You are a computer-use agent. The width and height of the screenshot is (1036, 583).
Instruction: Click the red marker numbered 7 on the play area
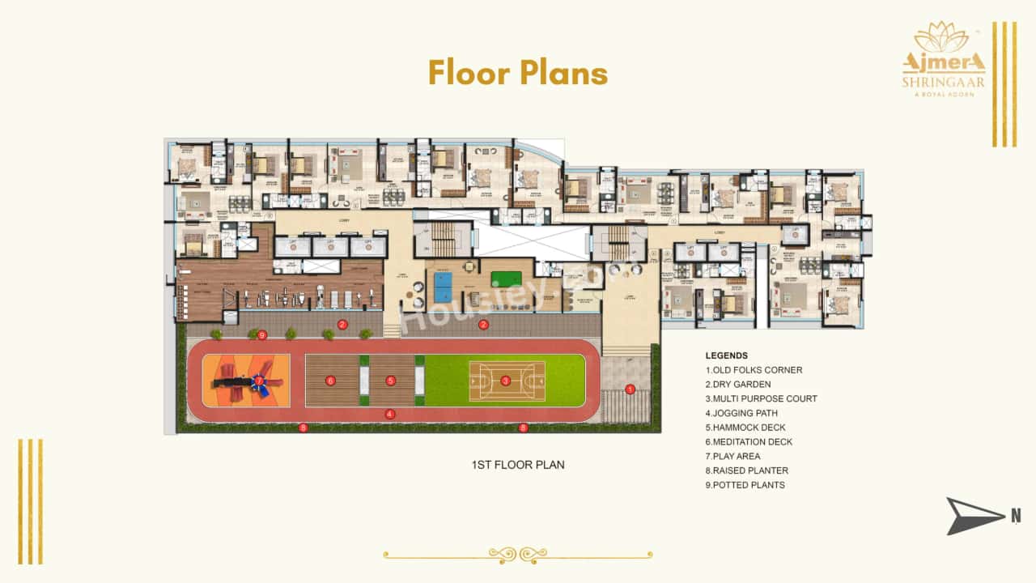coord(259,380)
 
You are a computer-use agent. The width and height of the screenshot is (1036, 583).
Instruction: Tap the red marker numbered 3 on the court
coord(506,380)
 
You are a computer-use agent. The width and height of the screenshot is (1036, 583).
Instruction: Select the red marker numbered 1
coord(631,389)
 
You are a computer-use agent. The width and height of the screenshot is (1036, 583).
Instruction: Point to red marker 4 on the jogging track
coord(390,414)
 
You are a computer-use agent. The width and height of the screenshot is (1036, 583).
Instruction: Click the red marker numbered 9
coord(262,335)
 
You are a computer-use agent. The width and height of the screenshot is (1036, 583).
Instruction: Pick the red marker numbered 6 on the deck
coord(330,380)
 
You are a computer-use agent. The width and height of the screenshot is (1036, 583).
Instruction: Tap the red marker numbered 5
coord(390,380)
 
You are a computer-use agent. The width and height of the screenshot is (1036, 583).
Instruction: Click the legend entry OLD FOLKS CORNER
coord(754,370)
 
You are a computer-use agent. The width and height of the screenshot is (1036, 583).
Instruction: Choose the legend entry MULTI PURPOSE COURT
coord(761,398)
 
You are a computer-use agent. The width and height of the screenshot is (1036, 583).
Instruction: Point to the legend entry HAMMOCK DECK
coord(745,428)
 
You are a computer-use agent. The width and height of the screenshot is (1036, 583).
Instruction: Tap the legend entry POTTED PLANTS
coord(745,485)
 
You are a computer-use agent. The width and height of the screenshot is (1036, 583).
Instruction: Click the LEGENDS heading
coord(727,355)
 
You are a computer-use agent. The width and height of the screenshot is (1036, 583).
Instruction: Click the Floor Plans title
coord(518,73)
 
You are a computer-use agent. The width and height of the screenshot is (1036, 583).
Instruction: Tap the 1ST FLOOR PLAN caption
coord(518,465)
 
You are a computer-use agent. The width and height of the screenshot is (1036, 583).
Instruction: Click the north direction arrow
coord(974,516)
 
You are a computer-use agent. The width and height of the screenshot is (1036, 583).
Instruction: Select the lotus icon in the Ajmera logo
coord(938,37)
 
